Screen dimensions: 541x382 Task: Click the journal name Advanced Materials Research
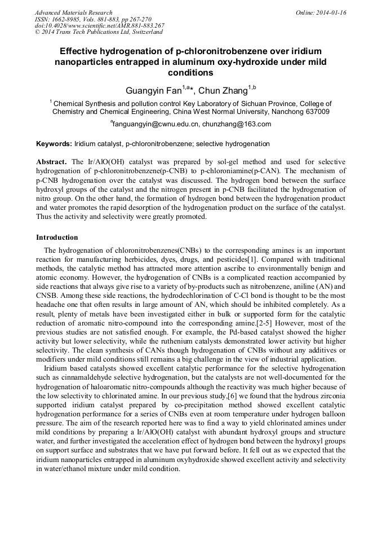click(x=73, y=12)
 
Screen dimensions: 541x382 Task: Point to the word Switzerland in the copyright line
click(x=139, y=32)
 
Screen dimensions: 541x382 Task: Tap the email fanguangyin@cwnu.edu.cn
click(x=157, y=124)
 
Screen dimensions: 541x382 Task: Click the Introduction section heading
click(x=57, y=237)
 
